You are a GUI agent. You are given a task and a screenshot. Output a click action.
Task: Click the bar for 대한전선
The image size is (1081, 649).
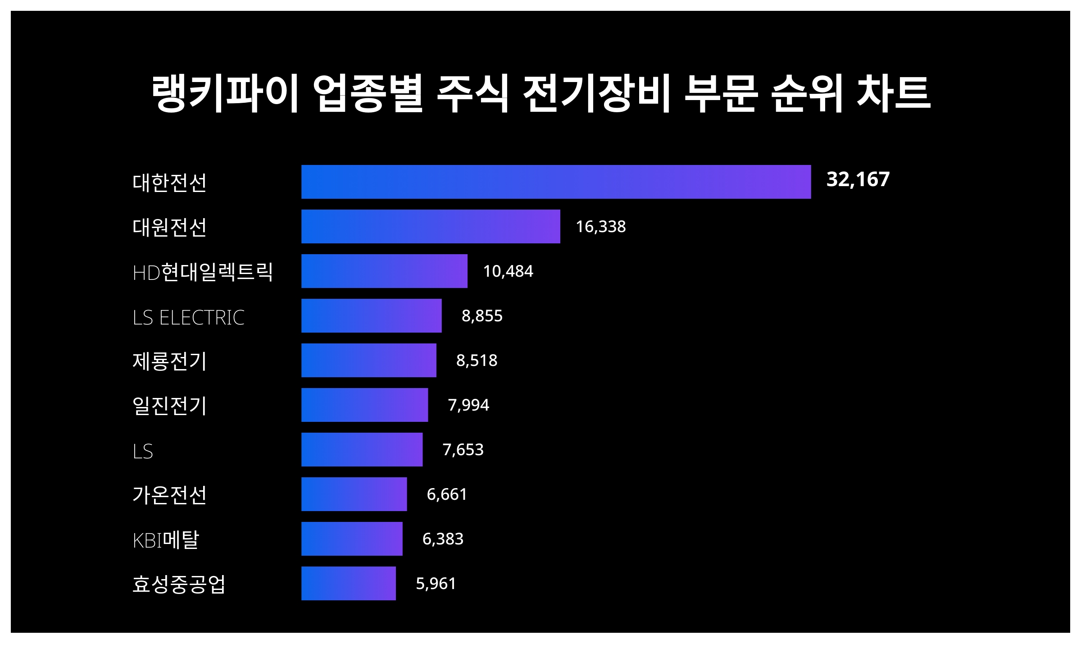[x=556, y=182]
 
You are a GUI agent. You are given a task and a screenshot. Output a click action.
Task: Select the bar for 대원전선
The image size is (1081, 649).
[x=431, y=226]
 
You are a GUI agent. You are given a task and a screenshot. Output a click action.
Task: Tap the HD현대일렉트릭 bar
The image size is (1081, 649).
[x=384, y=271]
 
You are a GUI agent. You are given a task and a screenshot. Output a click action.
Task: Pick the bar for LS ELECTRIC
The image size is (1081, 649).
[x=372, y=315]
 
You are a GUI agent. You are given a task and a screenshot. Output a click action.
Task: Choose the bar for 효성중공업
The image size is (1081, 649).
[x=349, y=583]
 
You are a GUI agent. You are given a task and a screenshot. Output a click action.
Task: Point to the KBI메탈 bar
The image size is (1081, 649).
[x=352, y=539]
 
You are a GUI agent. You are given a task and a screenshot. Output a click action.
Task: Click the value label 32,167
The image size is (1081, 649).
[x=858, y=179]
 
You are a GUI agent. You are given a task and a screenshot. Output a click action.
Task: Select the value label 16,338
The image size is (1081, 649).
[x=600, y=226]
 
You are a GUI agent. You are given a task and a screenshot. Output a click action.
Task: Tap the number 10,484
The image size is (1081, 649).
[x=508, y=271]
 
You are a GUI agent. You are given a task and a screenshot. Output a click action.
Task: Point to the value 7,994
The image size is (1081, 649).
[x=468, y=405]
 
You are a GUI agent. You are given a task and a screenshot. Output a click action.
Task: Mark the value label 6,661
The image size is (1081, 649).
[x=446, y=494]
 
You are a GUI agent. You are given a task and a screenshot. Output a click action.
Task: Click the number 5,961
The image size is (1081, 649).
[x=436, y=583]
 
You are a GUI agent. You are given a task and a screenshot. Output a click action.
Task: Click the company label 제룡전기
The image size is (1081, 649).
[x=169, y=361]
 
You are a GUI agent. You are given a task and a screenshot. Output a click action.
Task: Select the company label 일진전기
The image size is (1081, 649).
[x=169, y=406]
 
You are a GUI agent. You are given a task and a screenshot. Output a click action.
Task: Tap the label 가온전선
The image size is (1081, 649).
[x=169, y=495]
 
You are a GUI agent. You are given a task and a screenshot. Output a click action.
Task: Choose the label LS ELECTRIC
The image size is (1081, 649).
[x=188, y=317]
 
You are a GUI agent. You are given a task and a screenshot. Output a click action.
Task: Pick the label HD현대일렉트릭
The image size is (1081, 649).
[x=203, y=272]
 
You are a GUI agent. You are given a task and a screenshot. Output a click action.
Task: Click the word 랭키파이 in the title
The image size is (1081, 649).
[x=225, y=93]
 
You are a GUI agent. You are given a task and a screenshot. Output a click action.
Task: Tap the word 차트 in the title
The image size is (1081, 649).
[x=893, y=93]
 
